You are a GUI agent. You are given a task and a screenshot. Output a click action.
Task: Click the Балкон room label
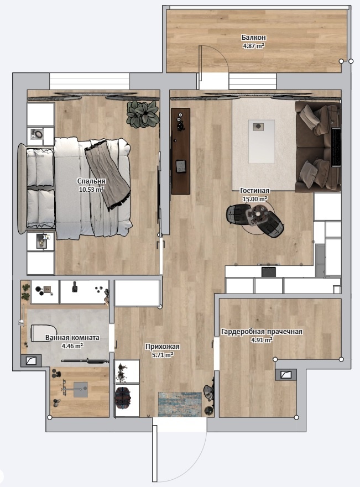253,38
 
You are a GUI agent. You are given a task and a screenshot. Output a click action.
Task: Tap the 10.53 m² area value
91,189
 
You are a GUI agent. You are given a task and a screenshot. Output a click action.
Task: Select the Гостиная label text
255,191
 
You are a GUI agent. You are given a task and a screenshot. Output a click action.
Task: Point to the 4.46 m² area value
72,345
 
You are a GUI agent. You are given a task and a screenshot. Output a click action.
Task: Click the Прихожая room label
163,347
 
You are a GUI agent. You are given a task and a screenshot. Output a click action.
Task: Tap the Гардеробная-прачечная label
262,332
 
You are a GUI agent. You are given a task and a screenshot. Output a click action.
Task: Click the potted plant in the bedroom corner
143,113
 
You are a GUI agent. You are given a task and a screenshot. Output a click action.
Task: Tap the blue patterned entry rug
180,404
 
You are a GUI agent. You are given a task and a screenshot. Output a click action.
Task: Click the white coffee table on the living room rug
262,142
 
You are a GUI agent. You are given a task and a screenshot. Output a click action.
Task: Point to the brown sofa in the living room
317,146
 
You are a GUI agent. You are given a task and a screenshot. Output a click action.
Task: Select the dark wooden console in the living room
180,151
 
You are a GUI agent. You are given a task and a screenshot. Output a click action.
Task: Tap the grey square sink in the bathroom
80,390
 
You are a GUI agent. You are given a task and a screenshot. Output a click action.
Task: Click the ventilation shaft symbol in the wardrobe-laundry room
286,375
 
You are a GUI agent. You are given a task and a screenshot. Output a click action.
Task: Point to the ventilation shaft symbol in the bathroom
31,361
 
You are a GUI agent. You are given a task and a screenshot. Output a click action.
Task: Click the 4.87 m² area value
253,46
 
